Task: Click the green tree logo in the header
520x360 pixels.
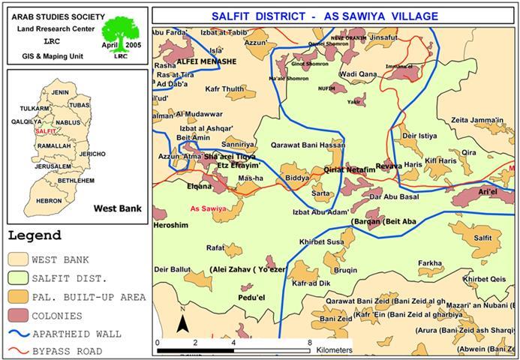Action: pyautogui.click(x=119, y=34)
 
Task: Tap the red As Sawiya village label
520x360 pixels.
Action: pyautogui.click(x=209, y=208)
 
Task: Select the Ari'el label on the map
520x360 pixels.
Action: pyautogui.click(x=488, y=192)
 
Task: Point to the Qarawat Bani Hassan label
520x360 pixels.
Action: pyautogui.click(x=297, y=145)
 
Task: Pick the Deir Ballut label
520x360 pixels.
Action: pyautogui.click(x=172, y=268)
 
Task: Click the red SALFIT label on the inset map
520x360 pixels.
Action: pyautogui.click(x=46, y=131)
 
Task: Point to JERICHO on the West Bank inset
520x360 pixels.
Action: pyautogui.click(x=92, y=154)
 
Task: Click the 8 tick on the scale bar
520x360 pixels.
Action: pyautogui.click(x=310, y=342)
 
